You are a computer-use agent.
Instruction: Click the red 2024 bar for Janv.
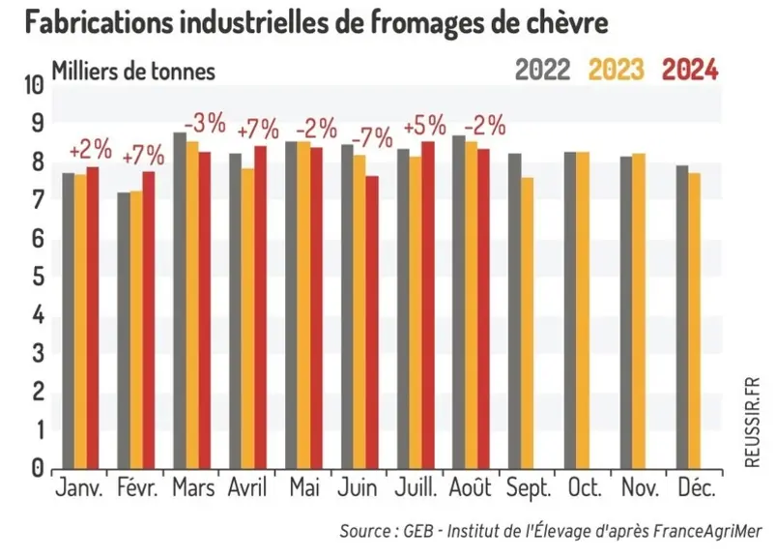(93, 318)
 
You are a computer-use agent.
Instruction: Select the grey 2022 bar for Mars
(180, 301)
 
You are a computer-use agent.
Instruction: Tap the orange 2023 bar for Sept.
(527, 323)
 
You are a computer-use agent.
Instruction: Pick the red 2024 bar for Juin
(372, 322)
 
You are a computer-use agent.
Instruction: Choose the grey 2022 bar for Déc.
(682, 317)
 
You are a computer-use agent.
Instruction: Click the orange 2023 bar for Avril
(247, 318)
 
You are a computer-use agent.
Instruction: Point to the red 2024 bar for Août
(483, 308)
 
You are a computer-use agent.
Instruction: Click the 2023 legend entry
(617, 70)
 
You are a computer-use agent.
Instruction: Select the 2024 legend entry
(690, 70)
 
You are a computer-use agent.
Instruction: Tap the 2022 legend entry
(542, 70)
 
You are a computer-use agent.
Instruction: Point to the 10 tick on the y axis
(34, 86)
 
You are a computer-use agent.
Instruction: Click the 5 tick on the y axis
(38, 277)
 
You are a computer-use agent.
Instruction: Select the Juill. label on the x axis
(417, 487)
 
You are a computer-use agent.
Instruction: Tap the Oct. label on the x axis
(585, 487)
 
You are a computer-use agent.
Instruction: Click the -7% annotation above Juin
(372, 137)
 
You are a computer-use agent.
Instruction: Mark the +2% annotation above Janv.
(91, 150)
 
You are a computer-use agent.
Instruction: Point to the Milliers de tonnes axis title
(133, 72)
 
